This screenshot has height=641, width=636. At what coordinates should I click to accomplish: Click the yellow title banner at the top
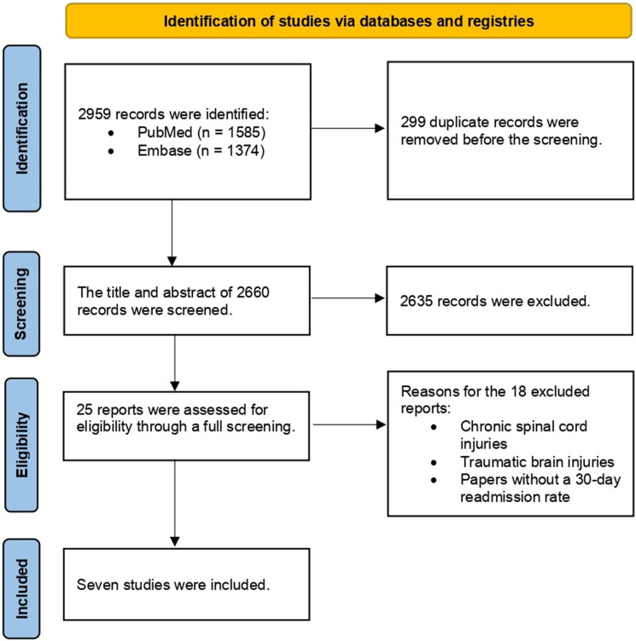click(x=348, y=20)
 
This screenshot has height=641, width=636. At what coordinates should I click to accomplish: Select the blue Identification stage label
click(x=21, y=129)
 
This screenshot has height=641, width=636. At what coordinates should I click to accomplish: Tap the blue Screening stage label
click(x=21, y=303)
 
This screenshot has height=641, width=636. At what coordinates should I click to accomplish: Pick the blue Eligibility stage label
click(x=21, y=445)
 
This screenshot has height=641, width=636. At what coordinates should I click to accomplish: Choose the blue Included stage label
click(x=21, y=589)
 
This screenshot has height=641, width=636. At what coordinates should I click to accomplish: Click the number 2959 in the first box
click(x=94, y=114)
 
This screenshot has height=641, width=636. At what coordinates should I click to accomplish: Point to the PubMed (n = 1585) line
click(x=201, y=132)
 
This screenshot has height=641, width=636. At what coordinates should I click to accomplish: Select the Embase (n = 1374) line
click(x=201, y=150)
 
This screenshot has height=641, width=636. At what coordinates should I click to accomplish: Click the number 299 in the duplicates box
click(x=413, y=122)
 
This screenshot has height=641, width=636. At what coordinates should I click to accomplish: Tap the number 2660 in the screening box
click(x=253, y=292)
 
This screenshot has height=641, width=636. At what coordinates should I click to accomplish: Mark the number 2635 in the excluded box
click(x=417, y=301)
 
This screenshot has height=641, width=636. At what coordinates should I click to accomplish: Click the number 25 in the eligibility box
click(x=85, y=410)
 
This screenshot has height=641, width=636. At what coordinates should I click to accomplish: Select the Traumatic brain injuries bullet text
click(x=537, y=462)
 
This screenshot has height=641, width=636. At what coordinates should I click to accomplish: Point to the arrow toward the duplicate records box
click(x=348, y=129)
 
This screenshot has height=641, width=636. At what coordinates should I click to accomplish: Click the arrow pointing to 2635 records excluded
click(x=348, y=298)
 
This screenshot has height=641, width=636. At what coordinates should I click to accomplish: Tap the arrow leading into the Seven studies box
click(x=175, y=503)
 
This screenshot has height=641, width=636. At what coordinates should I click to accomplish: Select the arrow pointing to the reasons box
click(x=349, y=424)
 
